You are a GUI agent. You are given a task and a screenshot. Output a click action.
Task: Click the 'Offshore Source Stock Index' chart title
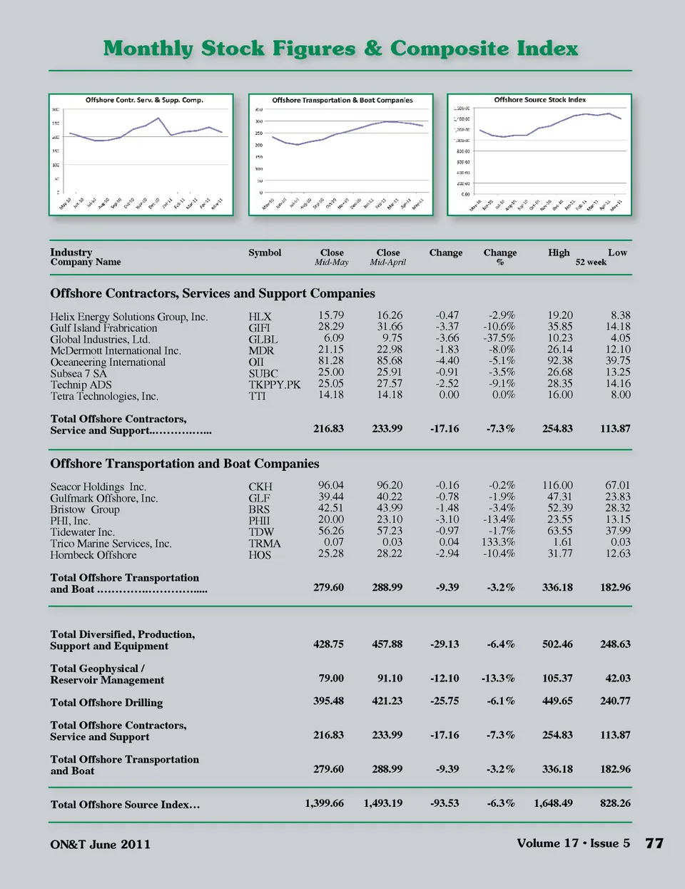pyautogui.click(x=539, y=100)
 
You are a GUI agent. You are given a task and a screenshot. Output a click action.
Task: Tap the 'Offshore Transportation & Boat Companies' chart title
pyautogui.click(x=342, y=101)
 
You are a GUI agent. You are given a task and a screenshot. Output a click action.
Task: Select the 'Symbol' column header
pyautogui.click(x=265, y=253)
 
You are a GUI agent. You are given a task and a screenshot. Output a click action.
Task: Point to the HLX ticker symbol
pyautogui.click(x=260, y=317)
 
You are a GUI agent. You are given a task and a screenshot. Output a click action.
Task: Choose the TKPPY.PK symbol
pyautogui.click(x=275, y=385)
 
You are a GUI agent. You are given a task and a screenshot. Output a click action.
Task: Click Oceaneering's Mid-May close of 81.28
pyautogui.click(x=330, y=361)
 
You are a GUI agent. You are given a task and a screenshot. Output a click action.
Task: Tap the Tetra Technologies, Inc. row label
pyautogui.click(x=104, y=396)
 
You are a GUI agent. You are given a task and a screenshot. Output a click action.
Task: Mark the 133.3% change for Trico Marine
pyautogui.click(x=498, y=542)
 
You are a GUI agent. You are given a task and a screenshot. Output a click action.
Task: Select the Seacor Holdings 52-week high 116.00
pyautogui.click(x=557, y=485)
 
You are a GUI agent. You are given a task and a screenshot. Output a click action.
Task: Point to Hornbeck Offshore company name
pyautogui.click(x=93, y=555)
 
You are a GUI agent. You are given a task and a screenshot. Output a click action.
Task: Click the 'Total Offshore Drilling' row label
pyautogui.click(x=106, y=703)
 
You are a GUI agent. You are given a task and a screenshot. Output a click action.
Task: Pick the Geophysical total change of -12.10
pyautogui.click(x=445, y=679)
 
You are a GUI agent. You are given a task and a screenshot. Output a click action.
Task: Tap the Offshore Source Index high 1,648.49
pyautogui.click(x=553, y=803)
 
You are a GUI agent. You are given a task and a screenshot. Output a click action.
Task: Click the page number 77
pyautogui.click(x=654, y=843)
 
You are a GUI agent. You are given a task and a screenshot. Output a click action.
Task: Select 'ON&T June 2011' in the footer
pyautogui.click(x=100, y=845)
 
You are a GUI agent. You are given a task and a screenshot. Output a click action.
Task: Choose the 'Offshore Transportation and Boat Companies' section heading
pyautogui.click(x=185, y=464)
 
